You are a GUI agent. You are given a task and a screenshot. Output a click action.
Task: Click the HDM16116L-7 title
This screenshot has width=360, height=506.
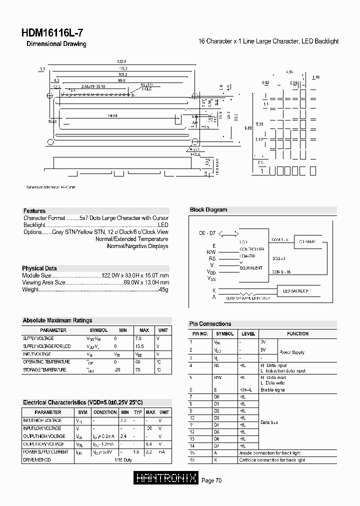(x=52, y=33)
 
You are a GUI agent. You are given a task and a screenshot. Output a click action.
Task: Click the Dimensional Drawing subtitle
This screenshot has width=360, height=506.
(x=56, y=44)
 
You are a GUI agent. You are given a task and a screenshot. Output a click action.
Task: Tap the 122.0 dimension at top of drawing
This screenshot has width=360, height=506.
(x=114, y=61)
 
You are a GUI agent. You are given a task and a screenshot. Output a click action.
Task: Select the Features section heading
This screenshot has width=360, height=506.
(x=34, y=211)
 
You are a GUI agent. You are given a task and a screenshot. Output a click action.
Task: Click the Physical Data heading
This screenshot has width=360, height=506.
(x=39, y=268)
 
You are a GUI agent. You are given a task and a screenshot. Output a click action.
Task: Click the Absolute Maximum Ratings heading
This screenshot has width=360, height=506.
(x=57, y=320)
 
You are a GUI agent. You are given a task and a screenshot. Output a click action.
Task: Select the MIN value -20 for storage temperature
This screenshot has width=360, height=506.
(x=117, y=369)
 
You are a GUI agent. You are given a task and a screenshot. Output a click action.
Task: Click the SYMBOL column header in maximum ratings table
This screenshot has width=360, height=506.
(x=98, y=330)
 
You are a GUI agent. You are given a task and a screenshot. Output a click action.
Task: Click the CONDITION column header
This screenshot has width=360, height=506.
(x=105, y=412)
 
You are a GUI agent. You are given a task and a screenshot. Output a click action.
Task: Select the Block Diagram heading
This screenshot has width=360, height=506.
(x=208, y=210)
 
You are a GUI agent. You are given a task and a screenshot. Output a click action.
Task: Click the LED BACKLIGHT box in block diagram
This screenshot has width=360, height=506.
(x=297, y=290)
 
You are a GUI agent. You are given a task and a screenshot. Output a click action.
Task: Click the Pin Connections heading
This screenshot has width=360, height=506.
(x=210, y=324)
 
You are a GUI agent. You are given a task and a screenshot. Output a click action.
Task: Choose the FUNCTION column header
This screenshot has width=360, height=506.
(x=297, y=333)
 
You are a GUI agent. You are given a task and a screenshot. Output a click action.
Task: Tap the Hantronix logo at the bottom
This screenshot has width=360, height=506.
(x=166, y=479)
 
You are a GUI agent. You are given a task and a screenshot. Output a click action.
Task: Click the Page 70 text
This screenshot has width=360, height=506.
(x=211, y=480)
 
